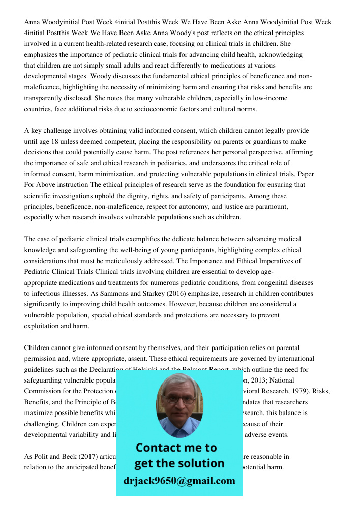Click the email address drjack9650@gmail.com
pos(179,481)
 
